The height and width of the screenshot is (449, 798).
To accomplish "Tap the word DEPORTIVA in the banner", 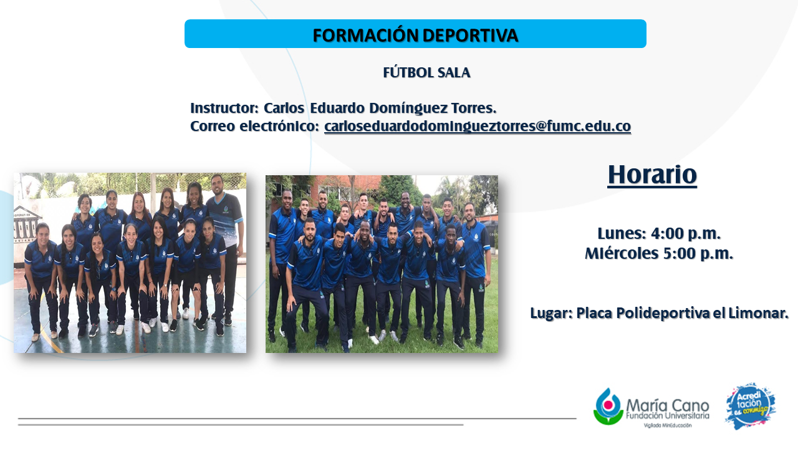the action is [x=470, y=36].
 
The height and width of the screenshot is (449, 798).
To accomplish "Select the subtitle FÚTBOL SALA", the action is [x=426, y=73].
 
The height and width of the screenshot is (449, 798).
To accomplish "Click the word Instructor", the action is [x=224, y=108].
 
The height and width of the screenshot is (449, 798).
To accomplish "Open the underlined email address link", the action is [x=478, y=126].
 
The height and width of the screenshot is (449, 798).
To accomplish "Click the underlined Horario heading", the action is [x=652, y=175].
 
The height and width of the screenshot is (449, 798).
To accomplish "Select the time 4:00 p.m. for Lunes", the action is [x=686, y=234].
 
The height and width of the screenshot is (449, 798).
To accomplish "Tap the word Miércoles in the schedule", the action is [x=622, y=253].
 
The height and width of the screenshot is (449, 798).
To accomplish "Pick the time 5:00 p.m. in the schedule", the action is [x=698, y=254].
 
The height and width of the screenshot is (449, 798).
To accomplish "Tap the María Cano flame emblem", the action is [x=608, y=407].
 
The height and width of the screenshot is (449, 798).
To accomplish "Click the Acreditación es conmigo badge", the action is [x=750, y=406].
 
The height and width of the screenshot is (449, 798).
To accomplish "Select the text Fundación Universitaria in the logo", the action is [x=667, y=415].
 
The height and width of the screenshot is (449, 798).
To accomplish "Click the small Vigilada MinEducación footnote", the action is [x=668, y=425].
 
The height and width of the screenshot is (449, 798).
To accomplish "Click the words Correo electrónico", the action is [x=254, y=126].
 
